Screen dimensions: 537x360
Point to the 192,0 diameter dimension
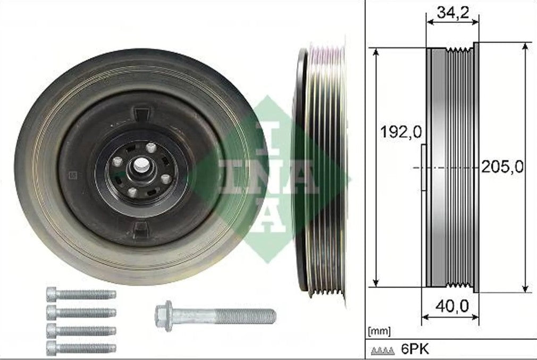(401, 132)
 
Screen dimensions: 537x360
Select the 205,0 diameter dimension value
(502, 167)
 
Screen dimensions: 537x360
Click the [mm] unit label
(379, 332)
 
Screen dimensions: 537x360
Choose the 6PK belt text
(415, 349)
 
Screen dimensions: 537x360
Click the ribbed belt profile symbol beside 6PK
(382, 351)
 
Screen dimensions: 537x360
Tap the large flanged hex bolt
(215, 316)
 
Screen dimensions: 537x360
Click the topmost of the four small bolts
(81, 294)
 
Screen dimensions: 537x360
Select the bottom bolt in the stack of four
(81, 348)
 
